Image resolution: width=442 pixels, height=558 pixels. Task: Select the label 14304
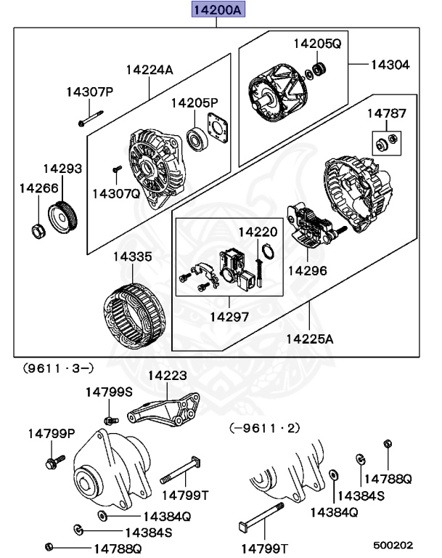(390, 65)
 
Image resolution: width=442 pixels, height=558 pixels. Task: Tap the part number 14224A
(150, 70)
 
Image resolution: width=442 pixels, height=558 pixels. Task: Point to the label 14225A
(310, 339)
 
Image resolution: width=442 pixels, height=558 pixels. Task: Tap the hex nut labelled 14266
(37, 231)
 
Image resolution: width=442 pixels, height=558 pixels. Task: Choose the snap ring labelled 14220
(267, 254)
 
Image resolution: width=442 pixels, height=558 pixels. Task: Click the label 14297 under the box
(229, 317)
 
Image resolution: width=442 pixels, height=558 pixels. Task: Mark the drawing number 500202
(393, 544)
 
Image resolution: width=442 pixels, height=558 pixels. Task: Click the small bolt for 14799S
(110, 420)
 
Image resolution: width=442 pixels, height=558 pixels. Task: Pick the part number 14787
(386, 113)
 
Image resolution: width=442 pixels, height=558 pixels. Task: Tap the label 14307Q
(116, 193)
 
